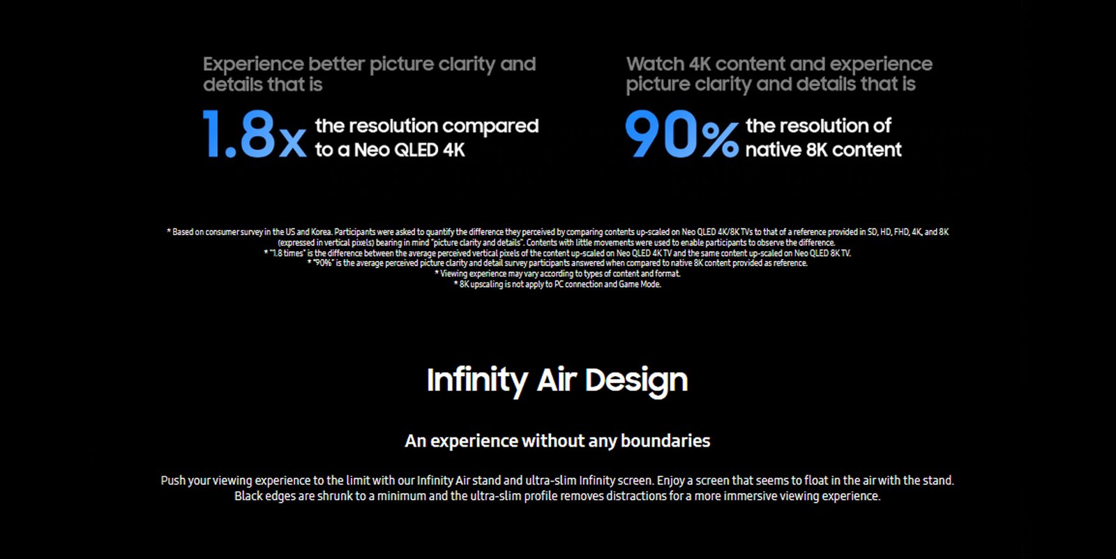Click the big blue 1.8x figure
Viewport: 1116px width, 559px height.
255,134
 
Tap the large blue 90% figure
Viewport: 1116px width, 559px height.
681,134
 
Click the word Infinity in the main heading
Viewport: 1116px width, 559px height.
477,380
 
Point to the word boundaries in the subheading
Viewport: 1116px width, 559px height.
665,441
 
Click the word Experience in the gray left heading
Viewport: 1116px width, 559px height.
253,65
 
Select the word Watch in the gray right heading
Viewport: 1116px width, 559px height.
655,64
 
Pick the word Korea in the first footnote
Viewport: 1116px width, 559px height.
322,232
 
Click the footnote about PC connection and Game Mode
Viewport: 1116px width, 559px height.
557,284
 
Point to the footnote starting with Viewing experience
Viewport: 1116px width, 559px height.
557,274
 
